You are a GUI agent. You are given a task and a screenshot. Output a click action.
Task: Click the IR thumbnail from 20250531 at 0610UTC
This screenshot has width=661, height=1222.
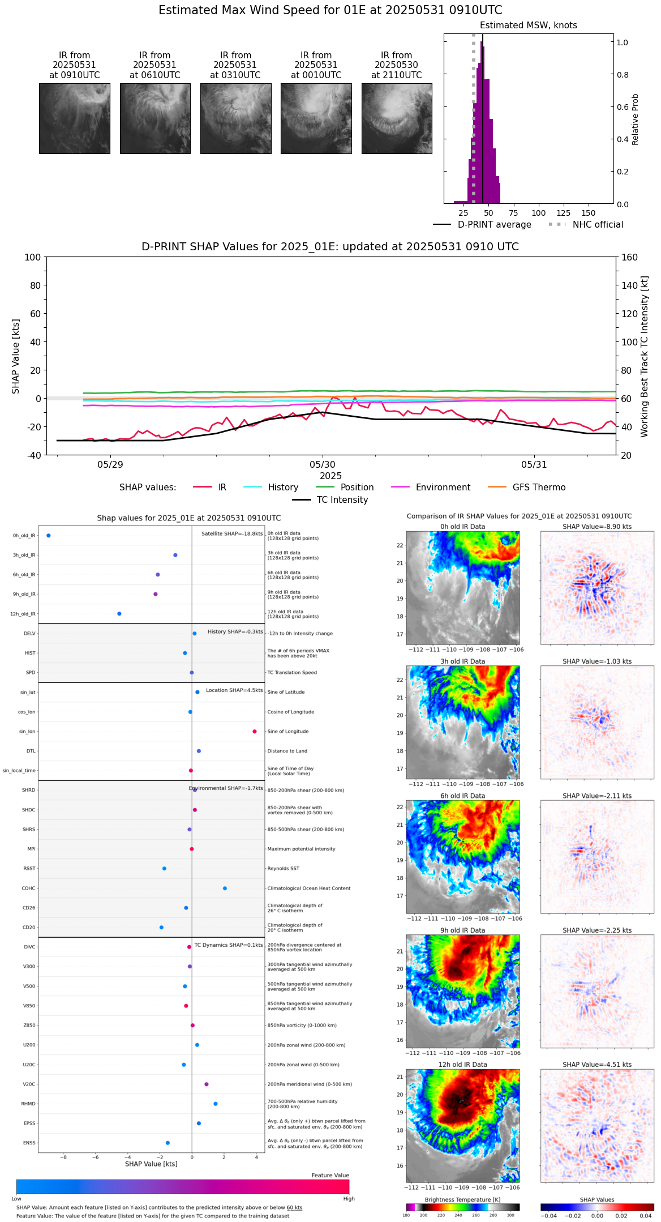[x=154, y=118]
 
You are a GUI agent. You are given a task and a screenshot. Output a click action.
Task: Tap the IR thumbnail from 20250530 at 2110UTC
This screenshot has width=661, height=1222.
[x=397, y=118]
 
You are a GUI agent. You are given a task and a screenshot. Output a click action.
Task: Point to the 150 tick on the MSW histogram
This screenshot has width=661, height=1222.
[x=589, y=213]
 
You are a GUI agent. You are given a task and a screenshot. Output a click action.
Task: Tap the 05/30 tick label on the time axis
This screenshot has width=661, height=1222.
[x=323, y=465]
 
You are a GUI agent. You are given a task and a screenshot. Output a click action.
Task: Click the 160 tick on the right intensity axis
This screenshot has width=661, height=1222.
[x=629, y=257]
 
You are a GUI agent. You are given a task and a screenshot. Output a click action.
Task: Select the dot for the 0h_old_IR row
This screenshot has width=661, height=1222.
[x=49, y=536]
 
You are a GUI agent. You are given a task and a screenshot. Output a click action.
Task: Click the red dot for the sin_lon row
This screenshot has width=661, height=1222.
[x=255, y=732]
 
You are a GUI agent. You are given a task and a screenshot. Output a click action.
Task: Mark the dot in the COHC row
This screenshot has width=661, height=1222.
[x=225, y=888]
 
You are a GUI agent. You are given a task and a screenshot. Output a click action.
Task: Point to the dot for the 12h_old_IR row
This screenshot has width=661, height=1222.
[x=119, y=614]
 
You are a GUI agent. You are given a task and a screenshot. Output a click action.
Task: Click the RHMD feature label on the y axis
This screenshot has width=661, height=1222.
[x=28, y=1104]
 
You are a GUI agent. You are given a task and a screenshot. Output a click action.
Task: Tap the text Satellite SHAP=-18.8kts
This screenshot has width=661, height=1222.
[x=232, y=534]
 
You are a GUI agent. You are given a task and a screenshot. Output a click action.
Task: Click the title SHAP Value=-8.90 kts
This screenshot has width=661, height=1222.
[x=597, y=527]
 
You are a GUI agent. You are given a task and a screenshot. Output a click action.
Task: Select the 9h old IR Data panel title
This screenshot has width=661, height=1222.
[x=462, y=930]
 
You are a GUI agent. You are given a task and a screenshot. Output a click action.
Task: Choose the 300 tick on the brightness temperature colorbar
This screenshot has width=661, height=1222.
[x=510, y=1215]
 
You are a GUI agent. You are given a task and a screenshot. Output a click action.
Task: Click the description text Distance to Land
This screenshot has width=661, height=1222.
[x=287, y=751]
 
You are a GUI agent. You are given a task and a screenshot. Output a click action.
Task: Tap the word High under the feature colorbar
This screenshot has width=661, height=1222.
[x=349, y=1199]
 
